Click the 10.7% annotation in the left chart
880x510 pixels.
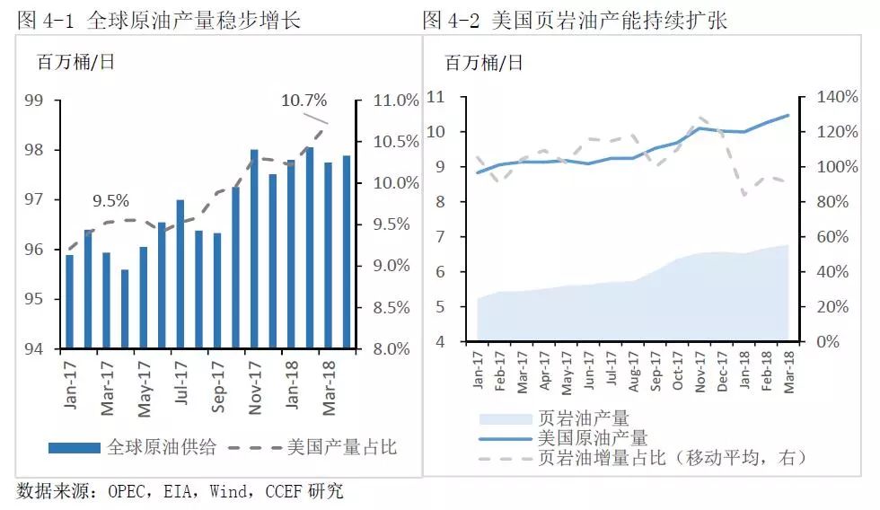(304, 101)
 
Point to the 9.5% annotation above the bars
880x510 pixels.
(110, 200)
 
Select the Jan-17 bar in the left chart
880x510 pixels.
(69, 302)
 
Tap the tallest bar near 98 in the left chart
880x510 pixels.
(309, 248)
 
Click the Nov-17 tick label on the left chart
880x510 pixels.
(255, 382)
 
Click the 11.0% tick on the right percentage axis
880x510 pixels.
(396, 101)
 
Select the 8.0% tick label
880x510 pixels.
(396, 348)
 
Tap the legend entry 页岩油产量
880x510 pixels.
(583, 418)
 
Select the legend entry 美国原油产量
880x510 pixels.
(593, 438)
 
